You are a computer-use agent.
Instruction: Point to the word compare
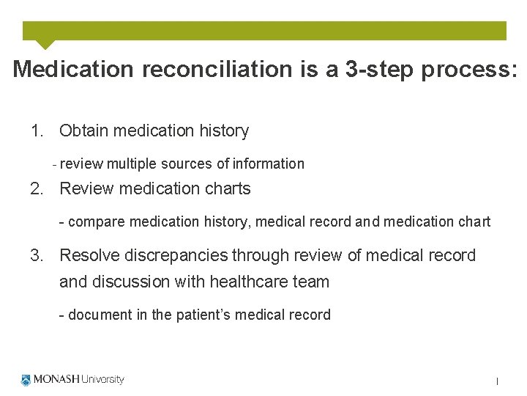[x=96, y=222]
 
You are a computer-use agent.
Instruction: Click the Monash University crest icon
[x=26, y=380]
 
